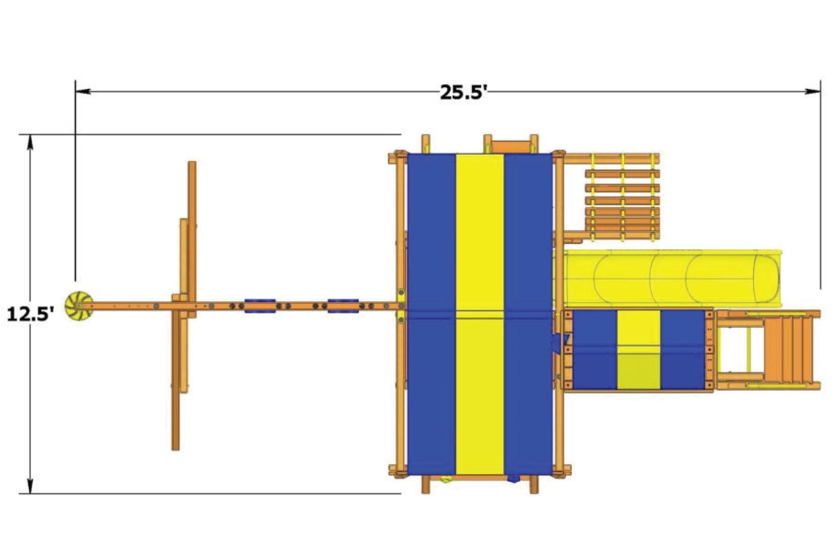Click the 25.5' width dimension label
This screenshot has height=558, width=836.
[463, 92]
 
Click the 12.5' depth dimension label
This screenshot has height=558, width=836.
[30, 314]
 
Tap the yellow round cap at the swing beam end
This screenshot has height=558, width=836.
[77, 306]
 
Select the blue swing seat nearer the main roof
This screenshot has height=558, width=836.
[343, 306]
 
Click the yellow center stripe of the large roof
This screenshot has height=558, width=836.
[480, 314]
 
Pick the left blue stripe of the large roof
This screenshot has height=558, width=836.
[431, 314]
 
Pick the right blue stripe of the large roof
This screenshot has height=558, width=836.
[528, 314]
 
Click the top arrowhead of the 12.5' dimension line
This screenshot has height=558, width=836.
[30, 142]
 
